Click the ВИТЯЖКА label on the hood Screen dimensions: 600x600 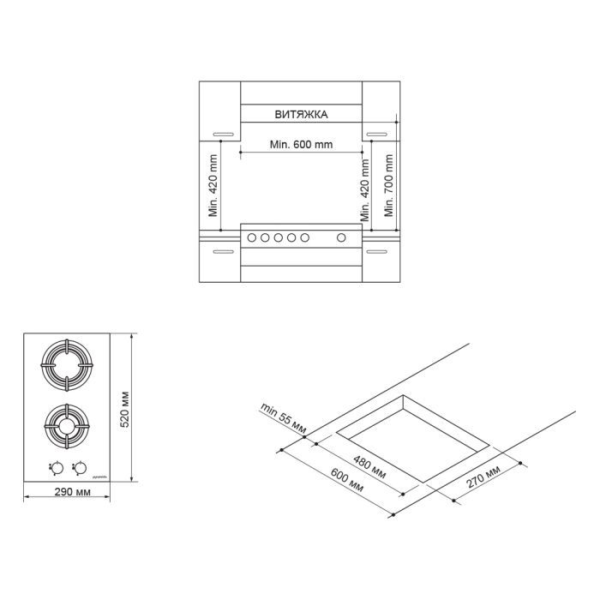click(301, 114)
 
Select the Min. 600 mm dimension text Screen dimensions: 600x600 click(301, 144)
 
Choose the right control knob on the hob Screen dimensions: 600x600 click(80, 467)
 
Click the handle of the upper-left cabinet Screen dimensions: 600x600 click(223, 134)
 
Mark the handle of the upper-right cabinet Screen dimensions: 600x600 click(377, 134)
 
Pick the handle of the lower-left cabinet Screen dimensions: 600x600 click(223, 252)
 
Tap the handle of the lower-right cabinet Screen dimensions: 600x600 click(377, 252)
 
